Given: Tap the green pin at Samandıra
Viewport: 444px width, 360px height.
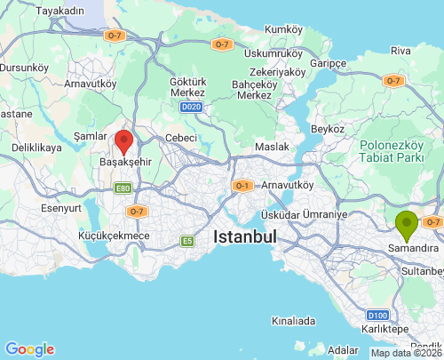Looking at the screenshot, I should [408, 225].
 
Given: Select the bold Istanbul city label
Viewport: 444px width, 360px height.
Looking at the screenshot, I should [245, 237].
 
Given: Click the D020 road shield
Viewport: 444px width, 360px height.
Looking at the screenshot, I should [190, 107].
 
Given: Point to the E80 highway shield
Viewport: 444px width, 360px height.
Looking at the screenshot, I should [123, 188].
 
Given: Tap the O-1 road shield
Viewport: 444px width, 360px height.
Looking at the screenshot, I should [242, 186].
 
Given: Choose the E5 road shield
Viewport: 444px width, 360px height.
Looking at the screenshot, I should [187, 240].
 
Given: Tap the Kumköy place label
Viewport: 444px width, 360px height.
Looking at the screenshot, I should [283, 29].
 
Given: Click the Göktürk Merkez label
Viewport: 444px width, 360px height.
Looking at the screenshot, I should [187, 88].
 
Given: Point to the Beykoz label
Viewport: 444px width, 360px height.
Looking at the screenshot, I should [327, 129].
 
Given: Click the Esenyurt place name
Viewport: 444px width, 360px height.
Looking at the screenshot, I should [60, 209].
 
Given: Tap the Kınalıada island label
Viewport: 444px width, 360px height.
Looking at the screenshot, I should [294, 320].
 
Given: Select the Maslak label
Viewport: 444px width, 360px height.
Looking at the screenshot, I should [272, 146].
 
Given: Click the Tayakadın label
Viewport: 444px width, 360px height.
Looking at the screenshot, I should [59, 10].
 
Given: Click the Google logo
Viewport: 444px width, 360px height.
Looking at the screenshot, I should [29, 349].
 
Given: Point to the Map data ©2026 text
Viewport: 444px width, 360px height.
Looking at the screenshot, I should [406, 353].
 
